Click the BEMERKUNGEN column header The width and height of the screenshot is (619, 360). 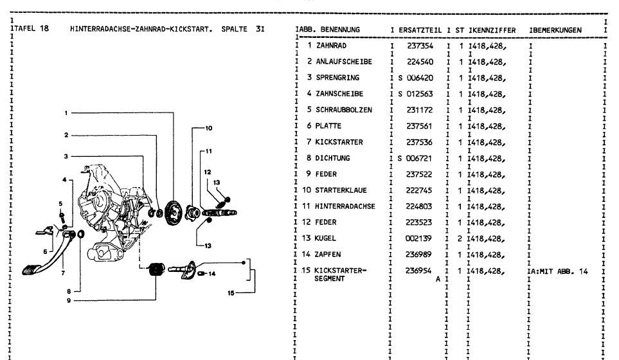pyautogui.click(x=557, y=30)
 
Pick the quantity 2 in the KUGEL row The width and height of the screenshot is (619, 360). pyautogui.click(x=462, y=239)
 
